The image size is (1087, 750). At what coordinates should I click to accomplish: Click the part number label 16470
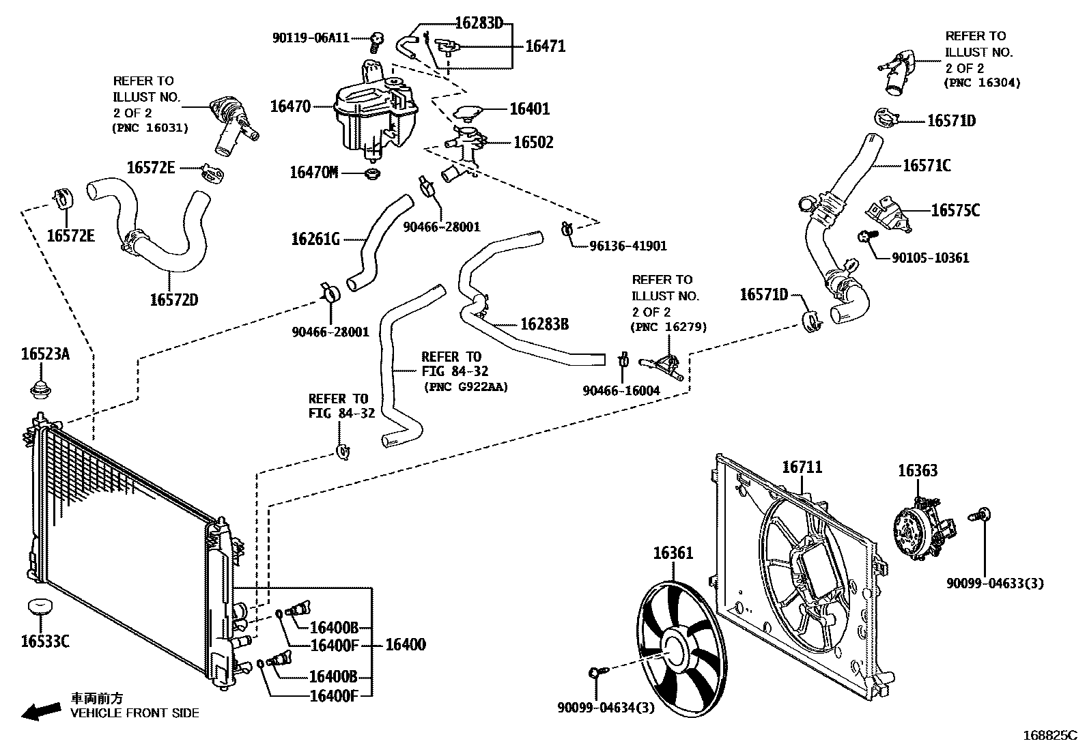290,106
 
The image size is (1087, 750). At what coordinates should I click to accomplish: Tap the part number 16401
529,109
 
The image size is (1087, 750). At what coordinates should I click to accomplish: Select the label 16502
533,143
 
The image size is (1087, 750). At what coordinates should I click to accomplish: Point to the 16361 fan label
673,553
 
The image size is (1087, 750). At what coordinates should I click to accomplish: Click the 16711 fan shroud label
802,467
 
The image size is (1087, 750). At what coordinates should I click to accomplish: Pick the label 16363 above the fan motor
917,471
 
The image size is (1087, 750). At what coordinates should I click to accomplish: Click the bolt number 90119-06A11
311,38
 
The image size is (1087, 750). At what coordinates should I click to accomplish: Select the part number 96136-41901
627,246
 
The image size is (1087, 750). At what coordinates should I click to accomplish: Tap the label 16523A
45,354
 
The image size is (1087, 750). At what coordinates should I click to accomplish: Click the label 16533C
45,641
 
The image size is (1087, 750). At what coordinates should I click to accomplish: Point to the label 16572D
174,300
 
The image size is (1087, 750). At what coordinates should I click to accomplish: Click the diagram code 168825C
1049,736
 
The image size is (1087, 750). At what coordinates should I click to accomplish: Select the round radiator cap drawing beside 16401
470,112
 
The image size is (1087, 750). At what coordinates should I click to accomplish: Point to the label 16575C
955,210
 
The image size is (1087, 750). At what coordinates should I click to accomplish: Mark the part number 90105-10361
930,258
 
